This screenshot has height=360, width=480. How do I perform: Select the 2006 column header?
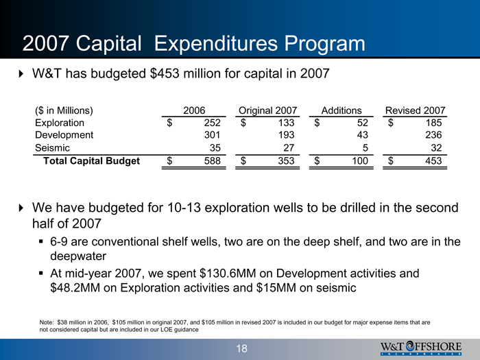[x=195, y=110]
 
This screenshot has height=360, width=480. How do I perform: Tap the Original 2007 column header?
[x=269, y=110]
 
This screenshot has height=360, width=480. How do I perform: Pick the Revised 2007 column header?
[x=416, y=110]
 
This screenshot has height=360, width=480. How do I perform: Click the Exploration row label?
[x=60, y=123]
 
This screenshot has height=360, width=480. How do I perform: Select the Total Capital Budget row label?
[x=91, y=161]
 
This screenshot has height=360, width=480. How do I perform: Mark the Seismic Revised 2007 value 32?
[x=437, y=148]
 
